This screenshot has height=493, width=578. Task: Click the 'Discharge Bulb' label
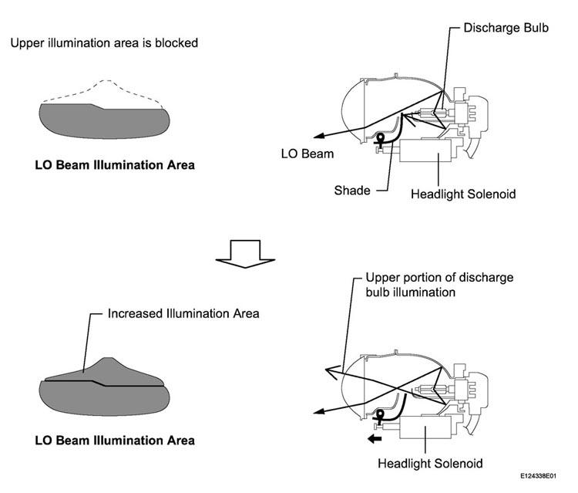point(506,28)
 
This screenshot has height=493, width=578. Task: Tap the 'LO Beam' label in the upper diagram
point(307,154)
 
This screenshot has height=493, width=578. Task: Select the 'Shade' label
point(352,191)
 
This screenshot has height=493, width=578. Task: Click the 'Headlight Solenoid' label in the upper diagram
point(463,194)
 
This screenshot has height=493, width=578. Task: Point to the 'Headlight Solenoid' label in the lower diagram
point(430,463)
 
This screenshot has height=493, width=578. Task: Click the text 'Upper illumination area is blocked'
point(104,42)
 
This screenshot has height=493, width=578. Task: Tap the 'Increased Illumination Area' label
point(183,314)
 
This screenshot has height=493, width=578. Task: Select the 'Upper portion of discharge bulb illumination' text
point(439,285)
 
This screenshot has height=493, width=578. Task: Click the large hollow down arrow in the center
point(245,254)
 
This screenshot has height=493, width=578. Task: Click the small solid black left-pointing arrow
point(375,439)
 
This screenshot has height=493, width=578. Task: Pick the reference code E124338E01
point(538,476)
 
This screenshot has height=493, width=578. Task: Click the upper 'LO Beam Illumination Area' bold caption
point(115,165)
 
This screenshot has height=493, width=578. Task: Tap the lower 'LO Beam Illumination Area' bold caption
point(115,441)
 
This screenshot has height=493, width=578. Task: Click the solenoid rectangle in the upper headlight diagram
point(425,150)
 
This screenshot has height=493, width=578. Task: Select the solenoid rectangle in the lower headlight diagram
point(425,427)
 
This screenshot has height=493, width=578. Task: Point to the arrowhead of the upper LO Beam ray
point(318,136)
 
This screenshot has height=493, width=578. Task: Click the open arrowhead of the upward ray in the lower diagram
point(331,372)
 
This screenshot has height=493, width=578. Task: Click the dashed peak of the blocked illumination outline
point(106,80)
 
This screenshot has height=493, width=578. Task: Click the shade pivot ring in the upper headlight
point(379,138)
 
